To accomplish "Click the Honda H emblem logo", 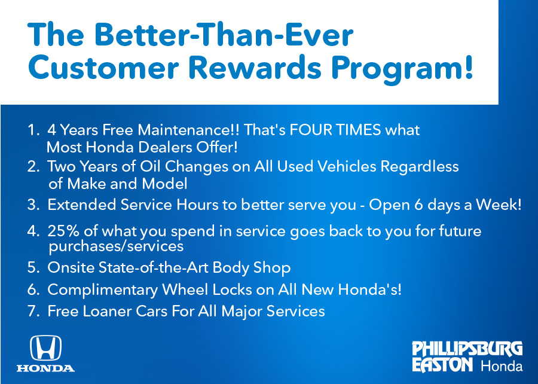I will pyautogui.click(x=45, y=348).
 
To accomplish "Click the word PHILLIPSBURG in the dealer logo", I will pyautogui.click(x=467, y=349).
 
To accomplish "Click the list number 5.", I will pyautogui.click(x=32, y=267).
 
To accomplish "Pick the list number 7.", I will pyautogui.click(x=32, y=311).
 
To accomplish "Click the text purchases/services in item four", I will pyautogui.click(x=115, y=246).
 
